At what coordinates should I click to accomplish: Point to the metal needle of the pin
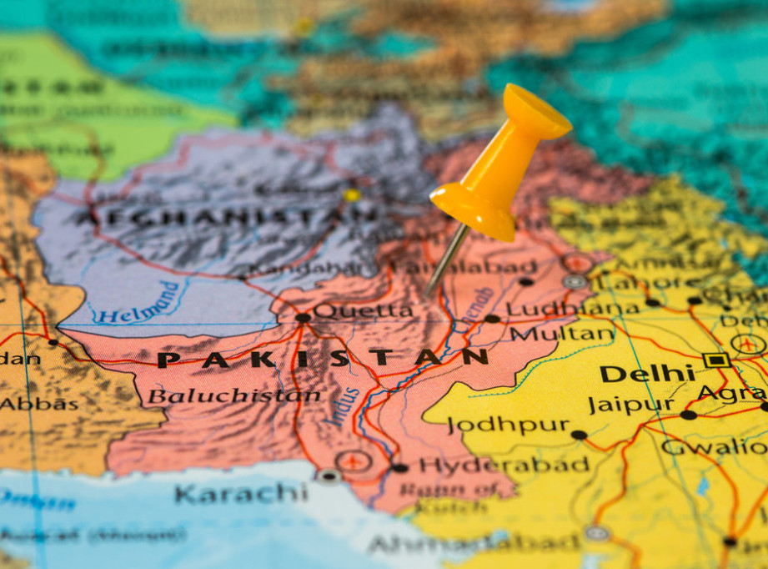tap(447, 259)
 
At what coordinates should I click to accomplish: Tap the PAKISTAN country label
tap(322, 359)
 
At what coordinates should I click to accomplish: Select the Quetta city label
tap(363, 311)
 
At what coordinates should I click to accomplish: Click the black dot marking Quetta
tap(302, 317)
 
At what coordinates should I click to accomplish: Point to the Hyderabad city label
tap(504, 465)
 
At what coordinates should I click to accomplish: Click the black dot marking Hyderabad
tap(399, 468)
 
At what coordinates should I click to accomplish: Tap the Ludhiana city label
tap(572, 309)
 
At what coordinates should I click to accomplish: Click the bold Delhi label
tap(646, 373)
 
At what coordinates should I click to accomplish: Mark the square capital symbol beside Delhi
tap(715, 360)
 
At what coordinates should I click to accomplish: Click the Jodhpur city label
tap(508, 425)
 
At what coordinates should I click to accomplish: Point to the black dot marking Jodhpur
tap(579, 435)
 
